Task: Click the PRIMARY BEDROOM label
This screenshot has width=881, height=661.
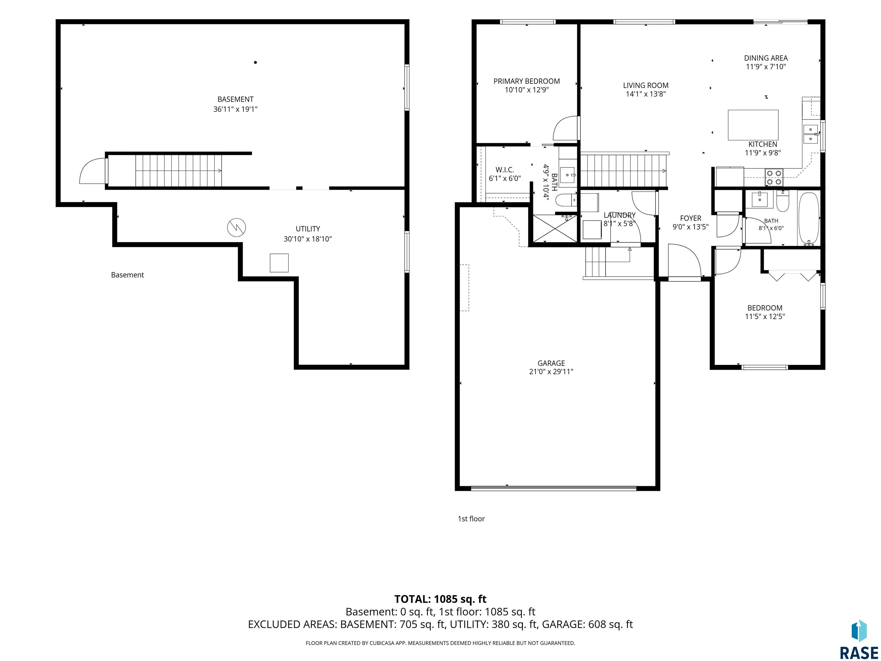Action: [527, 81]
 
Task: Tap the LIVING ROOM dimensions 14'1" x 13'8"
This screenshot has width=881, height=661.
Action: [646, 94]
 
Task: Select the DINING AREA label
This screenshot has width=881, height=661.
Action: [766, 58]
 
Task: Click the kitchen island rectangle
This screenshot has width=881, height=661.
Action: [753, 125]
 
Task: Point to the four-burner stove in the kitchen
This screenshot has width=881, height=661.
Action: [774, 177]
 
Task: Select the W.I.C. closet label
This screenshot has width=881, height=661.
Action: [505, 170]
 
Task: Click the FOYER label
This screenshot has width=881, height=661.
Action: [691, 218]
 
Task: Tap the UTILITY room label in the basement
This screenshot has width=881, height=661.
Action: [307, 229]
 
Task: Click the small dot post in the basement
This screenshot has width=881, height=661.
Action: [255, 62]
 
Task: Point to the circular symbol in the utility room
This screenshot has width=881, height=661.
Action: [237, 228]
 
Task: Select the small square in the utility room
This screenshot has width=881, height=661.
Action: [279, 263]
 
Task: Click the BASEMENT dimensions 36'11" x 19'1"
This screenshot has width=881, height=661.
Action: [235, 109]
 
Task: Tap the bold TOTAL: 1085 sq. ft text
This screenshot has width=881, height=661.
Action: [440, 599]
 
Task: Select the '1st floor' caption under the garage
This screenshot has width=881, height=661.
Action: [471, 519]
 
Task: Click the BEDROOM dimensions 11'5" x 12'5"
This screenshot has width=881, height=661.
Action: [765, 317]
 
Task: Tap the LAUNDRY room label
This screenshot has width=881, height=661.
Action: [619, 215]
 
